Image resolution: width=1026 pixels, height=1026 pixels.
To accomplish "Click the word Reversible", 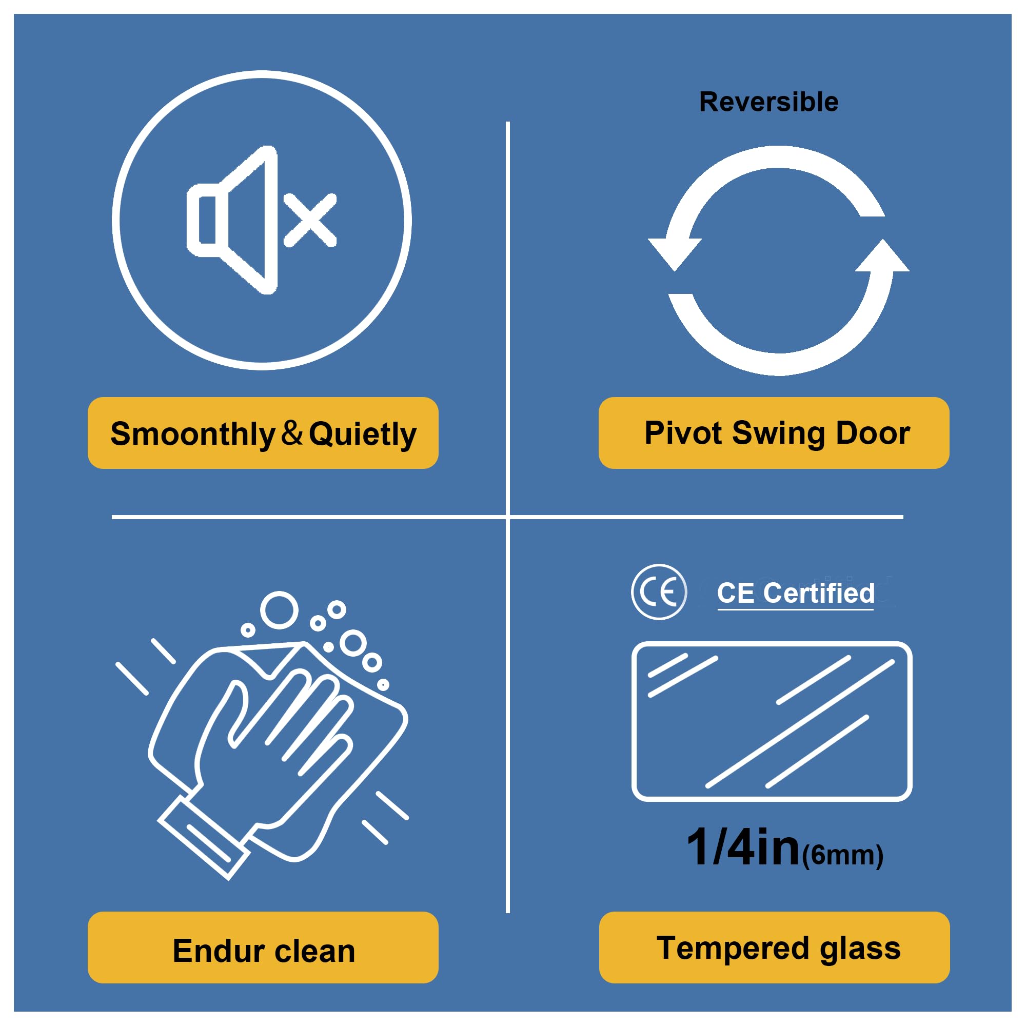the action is click(768, 102).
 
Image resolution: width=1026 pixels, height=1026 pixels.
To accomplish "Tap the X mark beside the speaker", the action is click(310, 220).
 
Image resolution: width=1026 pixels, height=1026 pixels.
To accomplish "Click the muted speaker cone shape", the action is click(232, 220).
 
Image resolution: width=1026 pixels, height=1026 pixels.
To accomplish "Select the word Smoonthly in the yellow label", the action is click(192, 435).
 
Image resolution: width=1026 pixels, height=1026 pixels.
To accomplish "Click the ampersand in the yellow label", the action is click(291, 432).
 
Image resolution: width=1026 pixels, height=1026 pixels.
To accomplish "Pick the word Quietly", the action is click(363, 435).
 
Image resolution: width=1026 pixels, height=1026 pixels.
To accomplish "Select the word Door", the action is click(873, 432).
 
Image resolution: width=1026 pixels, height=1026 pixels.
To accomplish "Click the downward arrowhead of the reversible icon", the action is click(675, 254).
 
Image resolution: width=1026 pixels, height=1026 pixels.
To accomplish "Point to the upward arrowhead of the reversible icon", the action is click(882, 255).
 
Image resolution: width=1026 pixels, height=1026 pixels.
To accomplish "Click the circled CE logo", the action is click(659, 591).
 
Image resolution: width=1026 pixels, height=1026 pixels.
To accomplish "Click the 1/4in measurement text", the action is click(743, 847).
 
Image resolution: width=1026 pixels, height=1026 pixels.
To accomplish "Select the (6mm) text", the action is click(843, 855).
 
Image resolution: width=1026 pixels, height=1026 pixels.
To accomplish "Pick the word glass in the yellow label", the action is click(860, 950).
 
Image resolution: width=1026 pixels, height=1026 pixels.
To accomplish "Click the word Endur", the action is click(218, 951).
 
